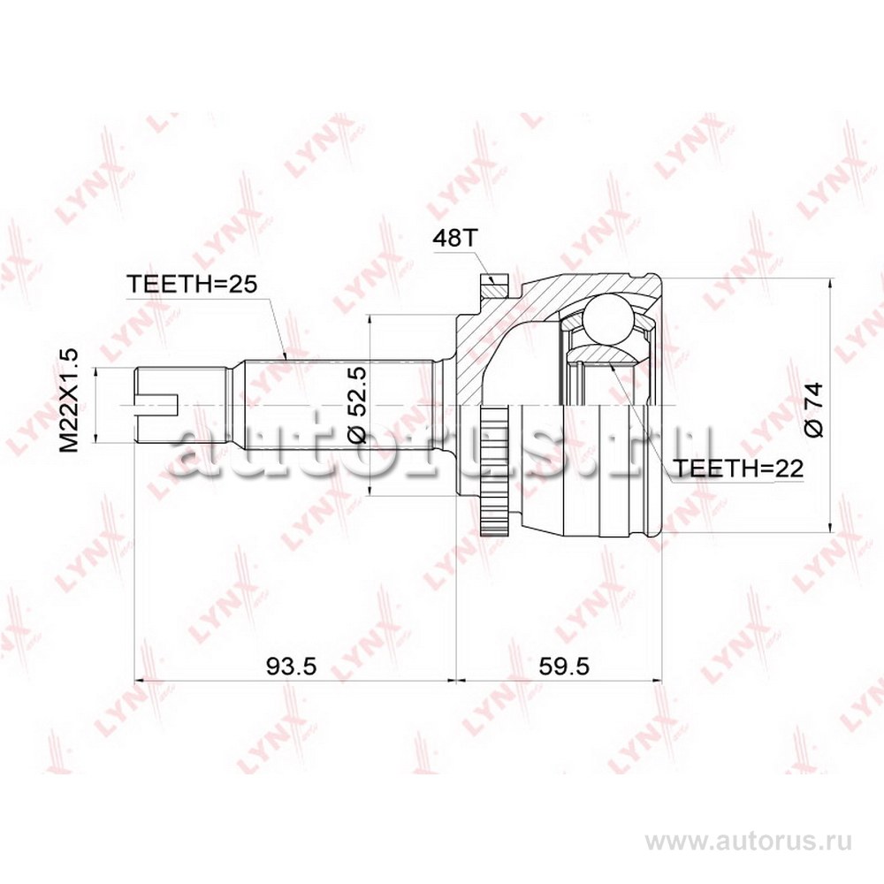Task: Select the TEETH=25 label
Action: (x=192, y=284)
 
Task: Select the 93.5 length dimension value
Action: (x=292, y=667)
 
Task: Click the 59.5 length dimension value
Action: (x=564, y=667)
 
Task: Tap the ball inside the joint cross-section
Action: (x=607, y=318)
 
